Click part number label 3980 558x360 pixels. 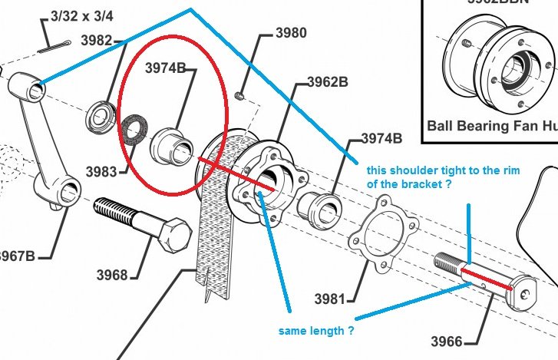[290, 34]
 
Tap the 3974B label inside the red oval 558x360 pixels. [166, 68]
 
